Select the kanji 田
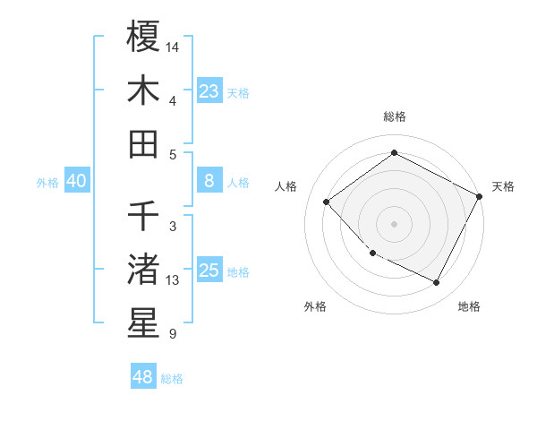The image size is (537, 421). pyautogui.click(x=143, y=143)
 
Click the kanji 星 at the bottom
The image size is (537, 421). pyautogui.click(x=143, y=322)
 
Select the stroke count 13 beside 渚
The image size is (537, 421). pyautogui.click(x=174, y=280)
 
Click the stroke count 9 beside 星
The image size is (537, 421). pyautogui.click(x=172, y=334)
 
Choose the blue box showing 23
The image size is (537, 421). pyautogui.click(x=209, y=90)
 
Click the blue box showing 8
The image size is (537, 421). pyautogui.click(x=209, y=181)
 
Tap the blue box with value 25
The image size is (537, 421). pyautogui.click(x=209, y=271)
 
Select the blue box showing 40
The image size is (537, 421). pyautogui.click(x=76, y=181)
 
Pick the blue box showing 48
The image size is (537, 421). pyautogui.click(x=143, y=377)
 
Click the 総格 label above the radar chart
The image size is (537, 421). pyautogui.click(x=394, y=116)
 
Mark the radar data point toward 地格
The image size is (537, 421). pyautogui.click(x=437, y=283)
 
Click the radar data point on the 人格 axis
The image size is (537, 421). pyautogui.click(x=327, y=202)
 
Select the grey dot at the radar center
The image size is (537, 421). pyautogui.click(x=394, y=223)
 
